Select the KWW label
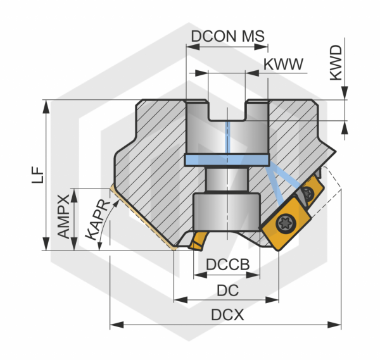(283, 64)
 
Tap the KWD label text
(335, 63)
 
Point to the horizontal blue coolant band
(227, 159)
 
